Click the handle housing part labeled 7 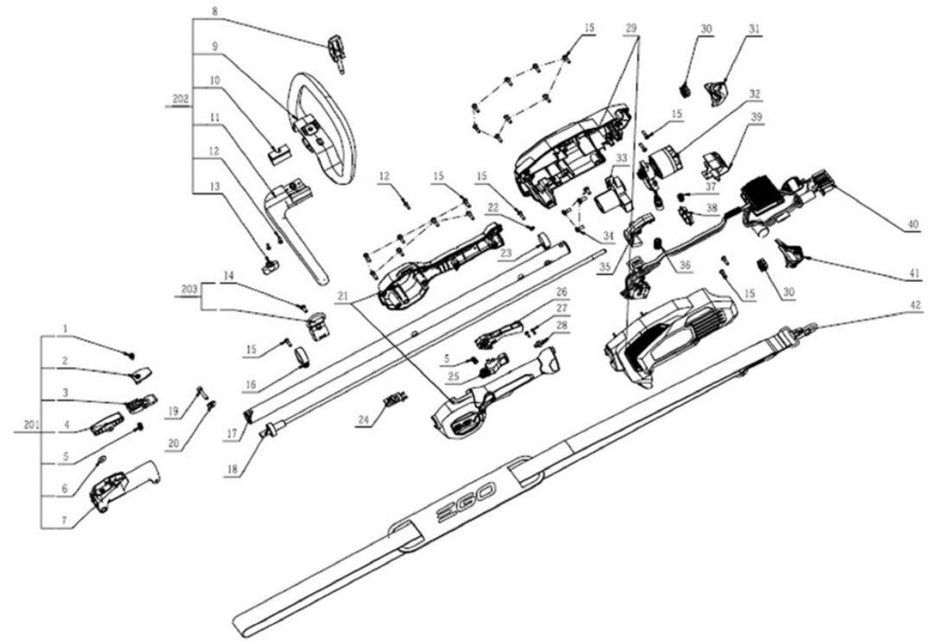pyautogui.click(x=121, y=489)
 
